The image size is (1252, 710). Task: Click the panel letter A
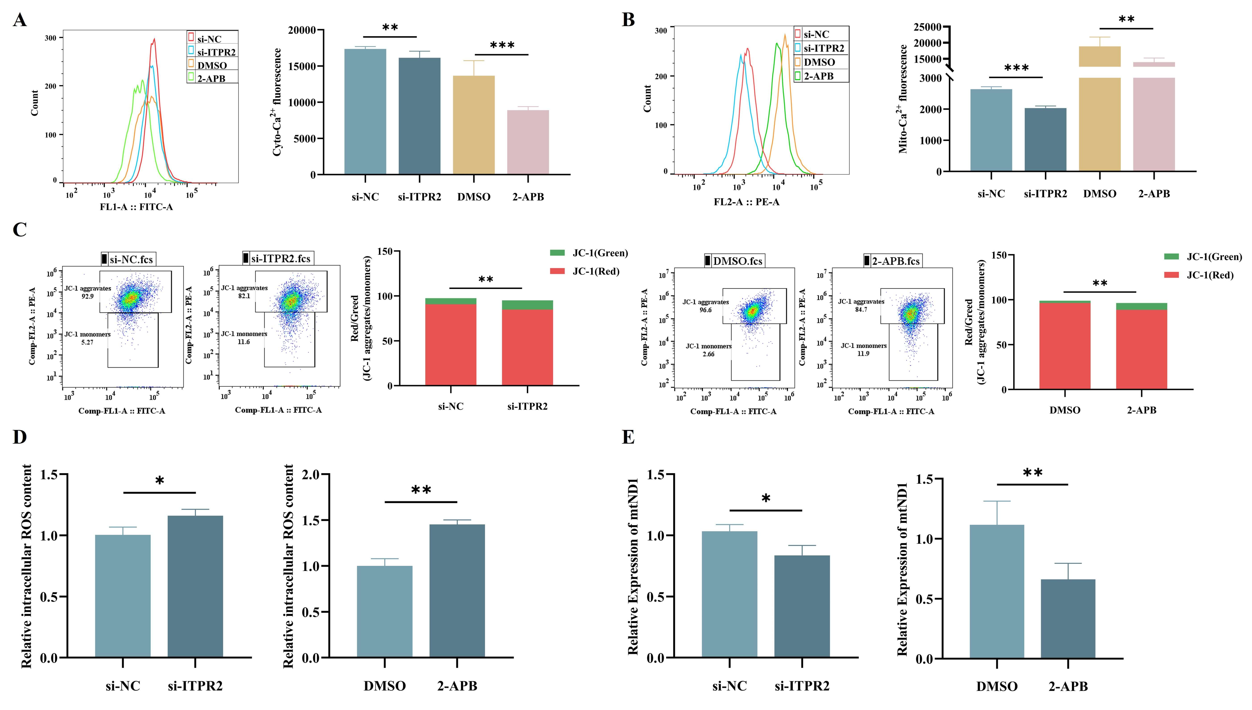19,21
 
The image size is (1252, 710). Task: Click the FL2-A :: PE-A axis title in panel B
747,202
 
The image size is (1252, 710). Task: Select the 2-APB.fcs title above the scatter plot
895,261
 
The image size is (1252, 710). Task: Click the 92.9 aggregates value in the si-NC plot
87,296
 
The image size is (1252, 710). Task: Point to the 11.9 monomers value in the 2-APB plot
863,353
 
